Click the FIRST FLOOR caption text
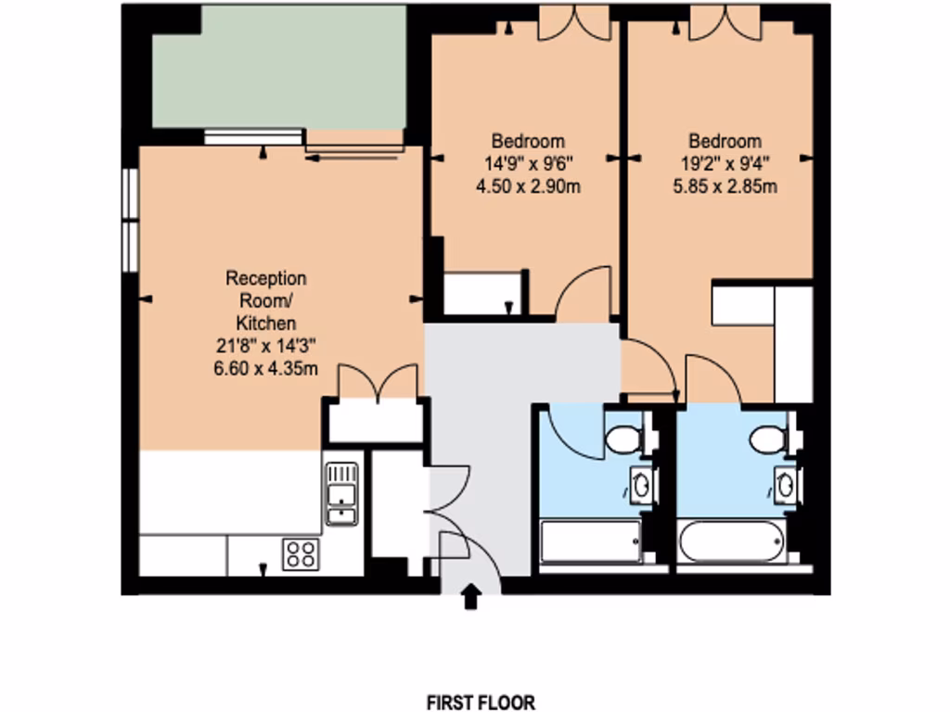coord(481,703)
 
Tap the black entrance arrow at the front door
coord(471,597)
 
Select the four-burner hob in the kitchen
coord(301,553)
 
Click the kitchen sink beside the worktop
coord(341,492)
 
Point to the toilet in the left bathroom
coord(622,438)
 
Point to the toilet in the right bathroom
coord(768,439)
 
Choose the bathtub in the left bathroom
coord(591,541)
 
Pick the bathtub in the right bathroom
coord(732,541)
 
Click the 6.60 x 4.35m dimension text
coord(266,368)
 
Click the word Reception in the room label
coord(266,278)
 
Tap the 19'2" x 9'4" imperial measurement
coord(725,164)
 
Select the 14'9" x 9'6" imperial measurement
coord(528,164)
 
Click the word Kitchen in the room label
coord(266,324)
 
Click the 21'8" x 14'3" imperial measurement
coord(266,346)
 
